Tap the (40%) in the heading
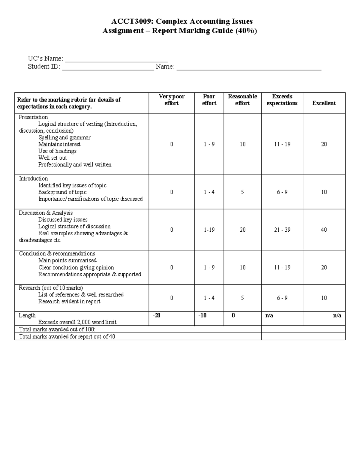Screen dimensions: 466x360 pyautogui.click(x=246, y=31)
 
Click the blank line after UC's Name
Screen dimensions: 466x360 pyautogui.click(x=116, y=59)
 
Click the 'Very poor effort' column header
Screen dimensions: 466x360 pyautogui.click(x=172, y=100)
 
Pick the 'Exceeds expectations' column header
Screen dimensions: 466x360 pyautogui.click(x=282, y=100)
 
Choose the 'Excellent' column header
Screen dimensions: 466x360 pyautogui.click(x=324, y=103)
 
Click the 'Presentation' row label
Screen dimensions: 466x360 pyautogui.click(x=33, y=117)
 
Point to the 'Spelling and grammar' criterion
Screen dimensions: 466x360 pyautogui.click(x=64, y=137)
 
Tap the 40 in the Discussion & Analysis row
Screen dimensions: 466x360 pyautogui.click(x=324, y=230)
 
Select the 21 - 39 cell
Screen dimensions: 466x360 pyautogui.click(x=282, y=230)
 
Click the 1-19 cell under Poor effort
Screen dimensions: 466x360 pyautogui.click(x=209, y=230)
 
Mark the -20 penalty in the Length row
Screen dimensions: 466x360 pyautogui.click(x=156, y=315)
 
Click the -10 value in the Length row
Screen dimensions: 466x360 pyautogui.click(x=202, y=315)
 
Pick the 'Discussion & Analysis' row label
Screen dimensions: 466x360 pyautogui.click(x=46, y=213)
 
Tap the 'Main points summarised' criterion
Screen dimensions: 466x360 pyautogui.click(x=67, y=260)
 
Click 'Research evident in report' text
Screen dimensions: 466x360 pyautogui.click(x=69, y=302)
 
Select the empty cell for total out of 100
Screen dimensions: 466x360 pyautogui.click(x=303, y=329)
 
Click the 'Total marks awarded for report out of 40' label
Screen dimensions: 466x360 pyautogui.click(x=67, y=337)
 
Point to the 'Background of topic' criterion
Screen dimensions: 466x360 pyautogui.click(x=62, y=192)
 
